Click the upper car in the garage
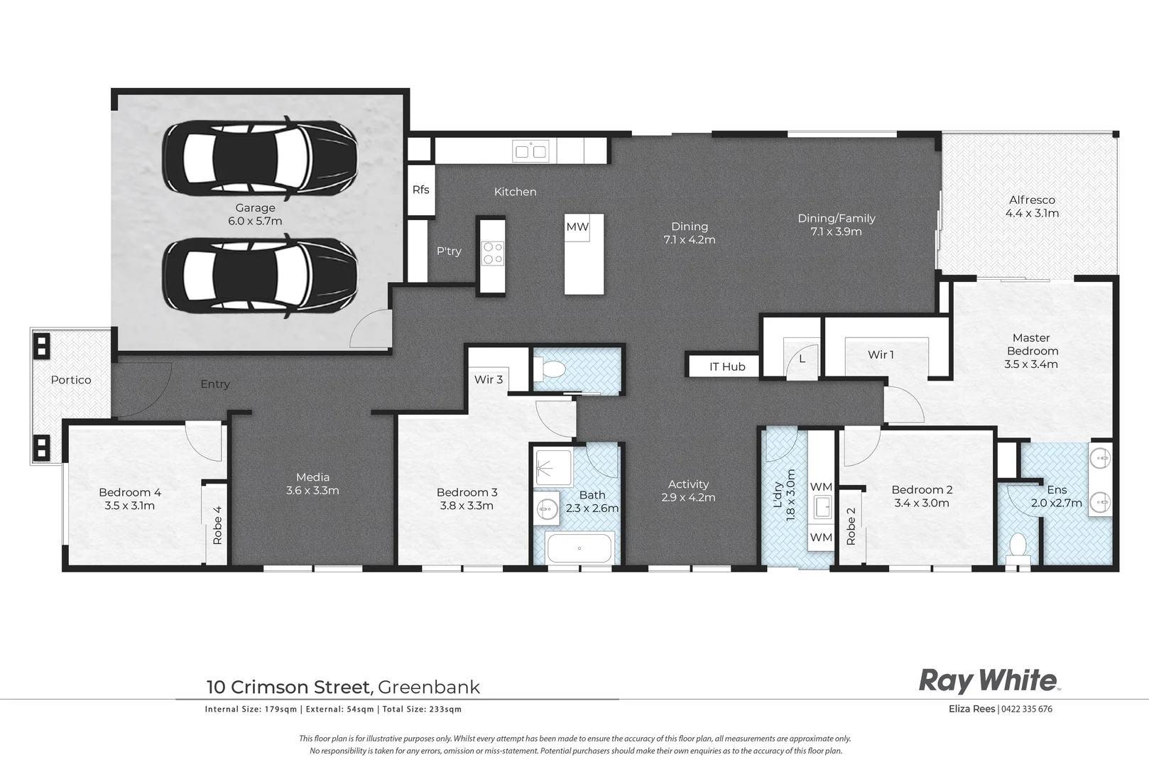259,158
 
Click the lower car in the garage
259,276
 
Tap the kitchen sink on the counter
530,151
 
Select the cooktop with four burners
492,254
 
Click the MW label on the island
577,227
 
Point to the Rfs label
420,190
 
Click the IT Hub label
727,366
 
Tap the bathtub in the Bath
579,548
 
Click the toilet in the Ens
1018,547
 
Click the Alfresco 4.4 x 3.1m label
1032,207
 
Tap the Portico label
71,380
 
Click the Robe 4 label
217,525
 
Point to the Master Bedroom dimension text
1031,364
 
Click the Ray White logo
989,680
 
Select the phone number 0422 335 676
1027,709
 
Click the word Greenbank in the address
429,687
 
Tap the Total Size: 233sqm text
423,709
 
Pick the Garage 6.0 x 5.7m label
255,214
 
